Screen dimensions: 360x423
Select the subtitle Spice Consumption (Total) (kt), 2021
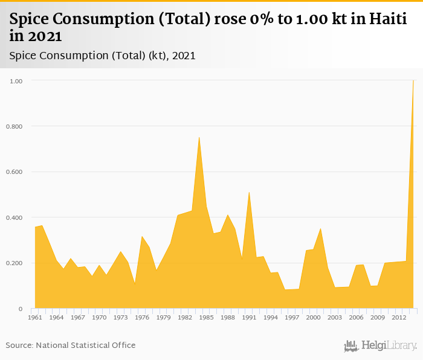pos(103,56)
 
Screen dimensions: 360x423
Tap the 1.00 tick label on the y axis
pos(16,80)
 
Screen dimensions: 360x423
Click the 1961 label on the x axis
pos(35,317)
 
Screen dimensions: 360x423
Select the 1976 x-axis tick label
pos(142,317)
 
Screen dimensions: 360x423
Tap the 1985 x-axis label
pos(206,317)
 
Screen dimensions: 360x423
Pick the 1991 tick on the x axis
pos(249,317)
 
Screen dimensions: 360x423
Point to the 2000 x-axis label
pos(313,317)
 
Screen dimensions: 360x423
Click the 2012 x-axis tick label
pos(399,317)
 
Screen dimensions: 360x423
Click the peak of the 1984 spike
pos(199,137)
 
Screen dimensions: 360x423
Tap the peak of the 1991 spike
pos(249,192)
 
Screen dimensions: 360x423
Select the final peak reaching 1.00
pos(413,80)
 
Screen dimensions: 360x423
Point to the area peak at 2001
pos(320,228)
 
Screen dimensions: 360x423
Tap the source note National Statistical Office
pos(86,346)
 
